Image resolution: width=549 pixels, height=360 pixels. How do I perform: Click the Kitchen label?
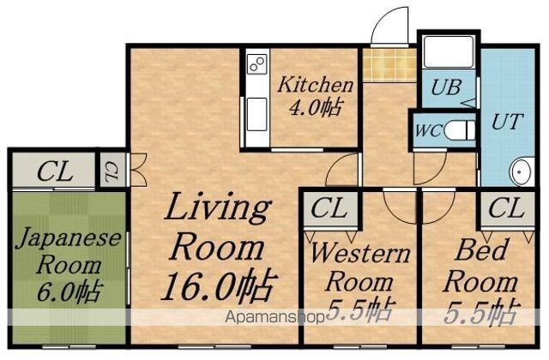click(315, 85)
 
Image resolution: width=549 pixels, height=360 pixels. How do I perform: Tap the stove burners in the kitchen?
click(257, 64)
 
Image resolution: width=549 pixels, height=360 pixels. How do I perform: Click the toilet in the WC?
click(460, 130)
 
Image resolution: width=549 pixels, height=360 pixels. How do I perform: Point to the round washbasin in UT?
click(522, 171)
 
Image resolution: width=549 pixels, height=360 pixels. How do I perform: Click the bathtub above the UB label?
click(449, 51)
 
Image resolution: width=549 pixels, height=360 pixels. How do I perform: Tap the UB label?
click(446, 87)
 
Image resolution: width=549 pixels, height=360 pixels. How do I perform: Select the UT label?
click(507, 122)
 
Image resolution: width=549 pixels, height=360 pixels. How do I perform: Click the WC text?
click(429, 131)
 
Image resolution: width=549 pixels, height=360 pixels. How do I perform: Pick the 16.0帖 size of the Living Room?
click(219, 285)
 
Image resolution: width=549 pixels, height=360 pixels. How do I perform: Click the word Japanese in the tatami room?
click(69, 238)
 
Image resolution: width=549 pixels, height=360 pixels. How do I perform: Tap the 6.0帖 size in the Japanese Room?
click(69, 291)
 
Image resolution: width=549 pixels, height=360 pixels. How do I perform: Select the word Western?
click(360, 253)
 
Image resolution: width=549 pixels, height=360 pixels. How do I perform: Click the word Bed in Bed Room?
click(481, 249)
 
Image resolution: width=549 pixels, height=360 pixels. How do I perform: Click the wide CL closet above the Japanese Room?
click(54, 171)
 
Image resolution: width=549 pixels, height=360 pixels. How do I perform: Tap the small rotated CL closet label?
click(112, 171)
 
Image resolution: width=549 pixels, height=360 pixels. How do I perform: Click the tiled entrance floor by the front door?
click(389, 65)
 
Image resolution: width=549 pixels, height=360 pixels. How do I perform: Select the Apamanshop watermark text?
click(275, 317)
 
